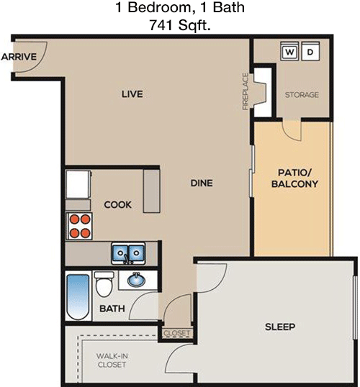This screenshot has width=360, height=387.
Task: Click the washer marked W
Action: pos(289,51)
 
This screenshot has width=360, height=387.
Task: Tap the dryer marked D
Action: pos(310,51)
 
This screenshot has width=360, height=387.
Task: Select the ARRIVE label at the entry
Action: pos(19,57)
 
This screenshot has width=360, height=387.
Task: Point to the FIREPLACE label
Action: pos(245,91)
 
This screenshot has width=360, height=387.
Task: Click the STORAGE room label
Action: pos(302,95)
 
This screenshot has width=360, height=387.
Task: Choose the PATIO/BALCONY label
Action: pos(294,178)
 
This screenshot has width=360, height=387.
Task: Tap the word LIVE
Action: pos(132,94)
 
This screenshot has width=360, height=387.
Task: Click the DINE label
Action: pos(202,183)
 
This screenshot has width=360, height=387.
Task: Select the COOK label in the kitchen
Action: pos(117,204)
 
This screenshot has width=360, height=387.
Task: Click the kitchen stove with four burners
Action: pos(79,226)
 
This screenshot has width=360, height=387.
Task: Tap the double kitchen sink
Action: pos(128,253)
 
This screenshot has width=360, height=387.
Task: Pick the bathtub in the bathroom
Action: pos(78,297)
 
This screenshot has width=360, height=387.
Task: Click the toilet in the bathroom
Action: pos(104,284)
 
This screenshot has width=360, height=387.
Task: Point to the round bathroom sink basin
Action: pos(136,280)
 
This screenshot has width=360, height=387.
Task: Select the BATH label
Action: pos(112,309)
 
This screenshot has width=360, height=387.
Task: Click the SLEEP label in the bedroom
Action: pos(280,327)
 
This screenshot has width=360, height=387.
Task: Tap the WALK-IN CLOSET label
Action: pos(112,360)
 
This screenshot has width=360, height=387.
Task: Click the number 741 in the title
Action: pos(161,24)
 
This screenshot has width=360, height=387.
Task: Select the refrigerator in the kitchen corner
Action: pos(78,184)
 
